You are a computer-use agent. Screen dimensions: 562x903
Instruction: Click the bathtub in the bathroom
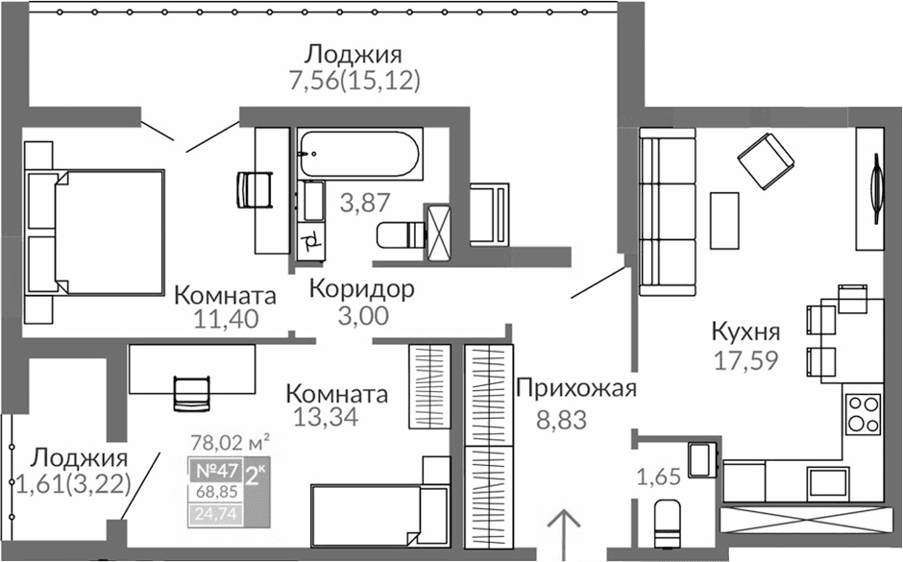(x=358, y=153)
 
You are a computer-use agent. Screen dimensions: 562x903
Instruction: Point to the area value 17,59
(x=744, y=360)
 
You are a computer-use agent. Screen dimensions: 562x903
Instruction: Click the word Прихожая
(x=576, y=388)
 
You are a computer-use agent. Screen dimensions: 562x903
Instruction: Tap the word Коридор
(x=361, y=289)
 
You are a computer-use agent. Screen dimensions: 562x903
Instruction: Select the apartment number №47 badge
(x=216, y=472)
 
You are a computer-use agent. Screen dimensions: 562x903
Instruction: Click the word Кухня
(x=744, y=332)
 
